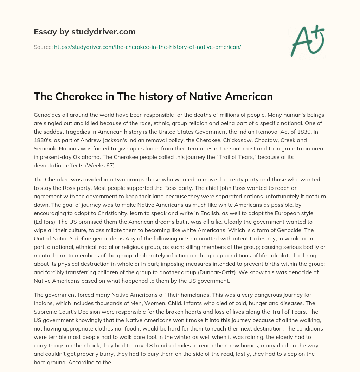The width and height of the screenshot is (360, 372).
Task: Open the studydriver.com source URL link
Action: point(147,47)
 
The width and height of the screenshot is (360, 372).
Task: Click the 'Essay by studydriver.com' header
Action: point(85,32)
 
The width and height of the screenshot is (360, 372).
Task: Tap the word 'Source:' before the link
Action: point(43,47)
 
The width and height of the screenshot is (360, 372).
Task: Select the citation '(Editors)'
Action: point(46,222)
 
